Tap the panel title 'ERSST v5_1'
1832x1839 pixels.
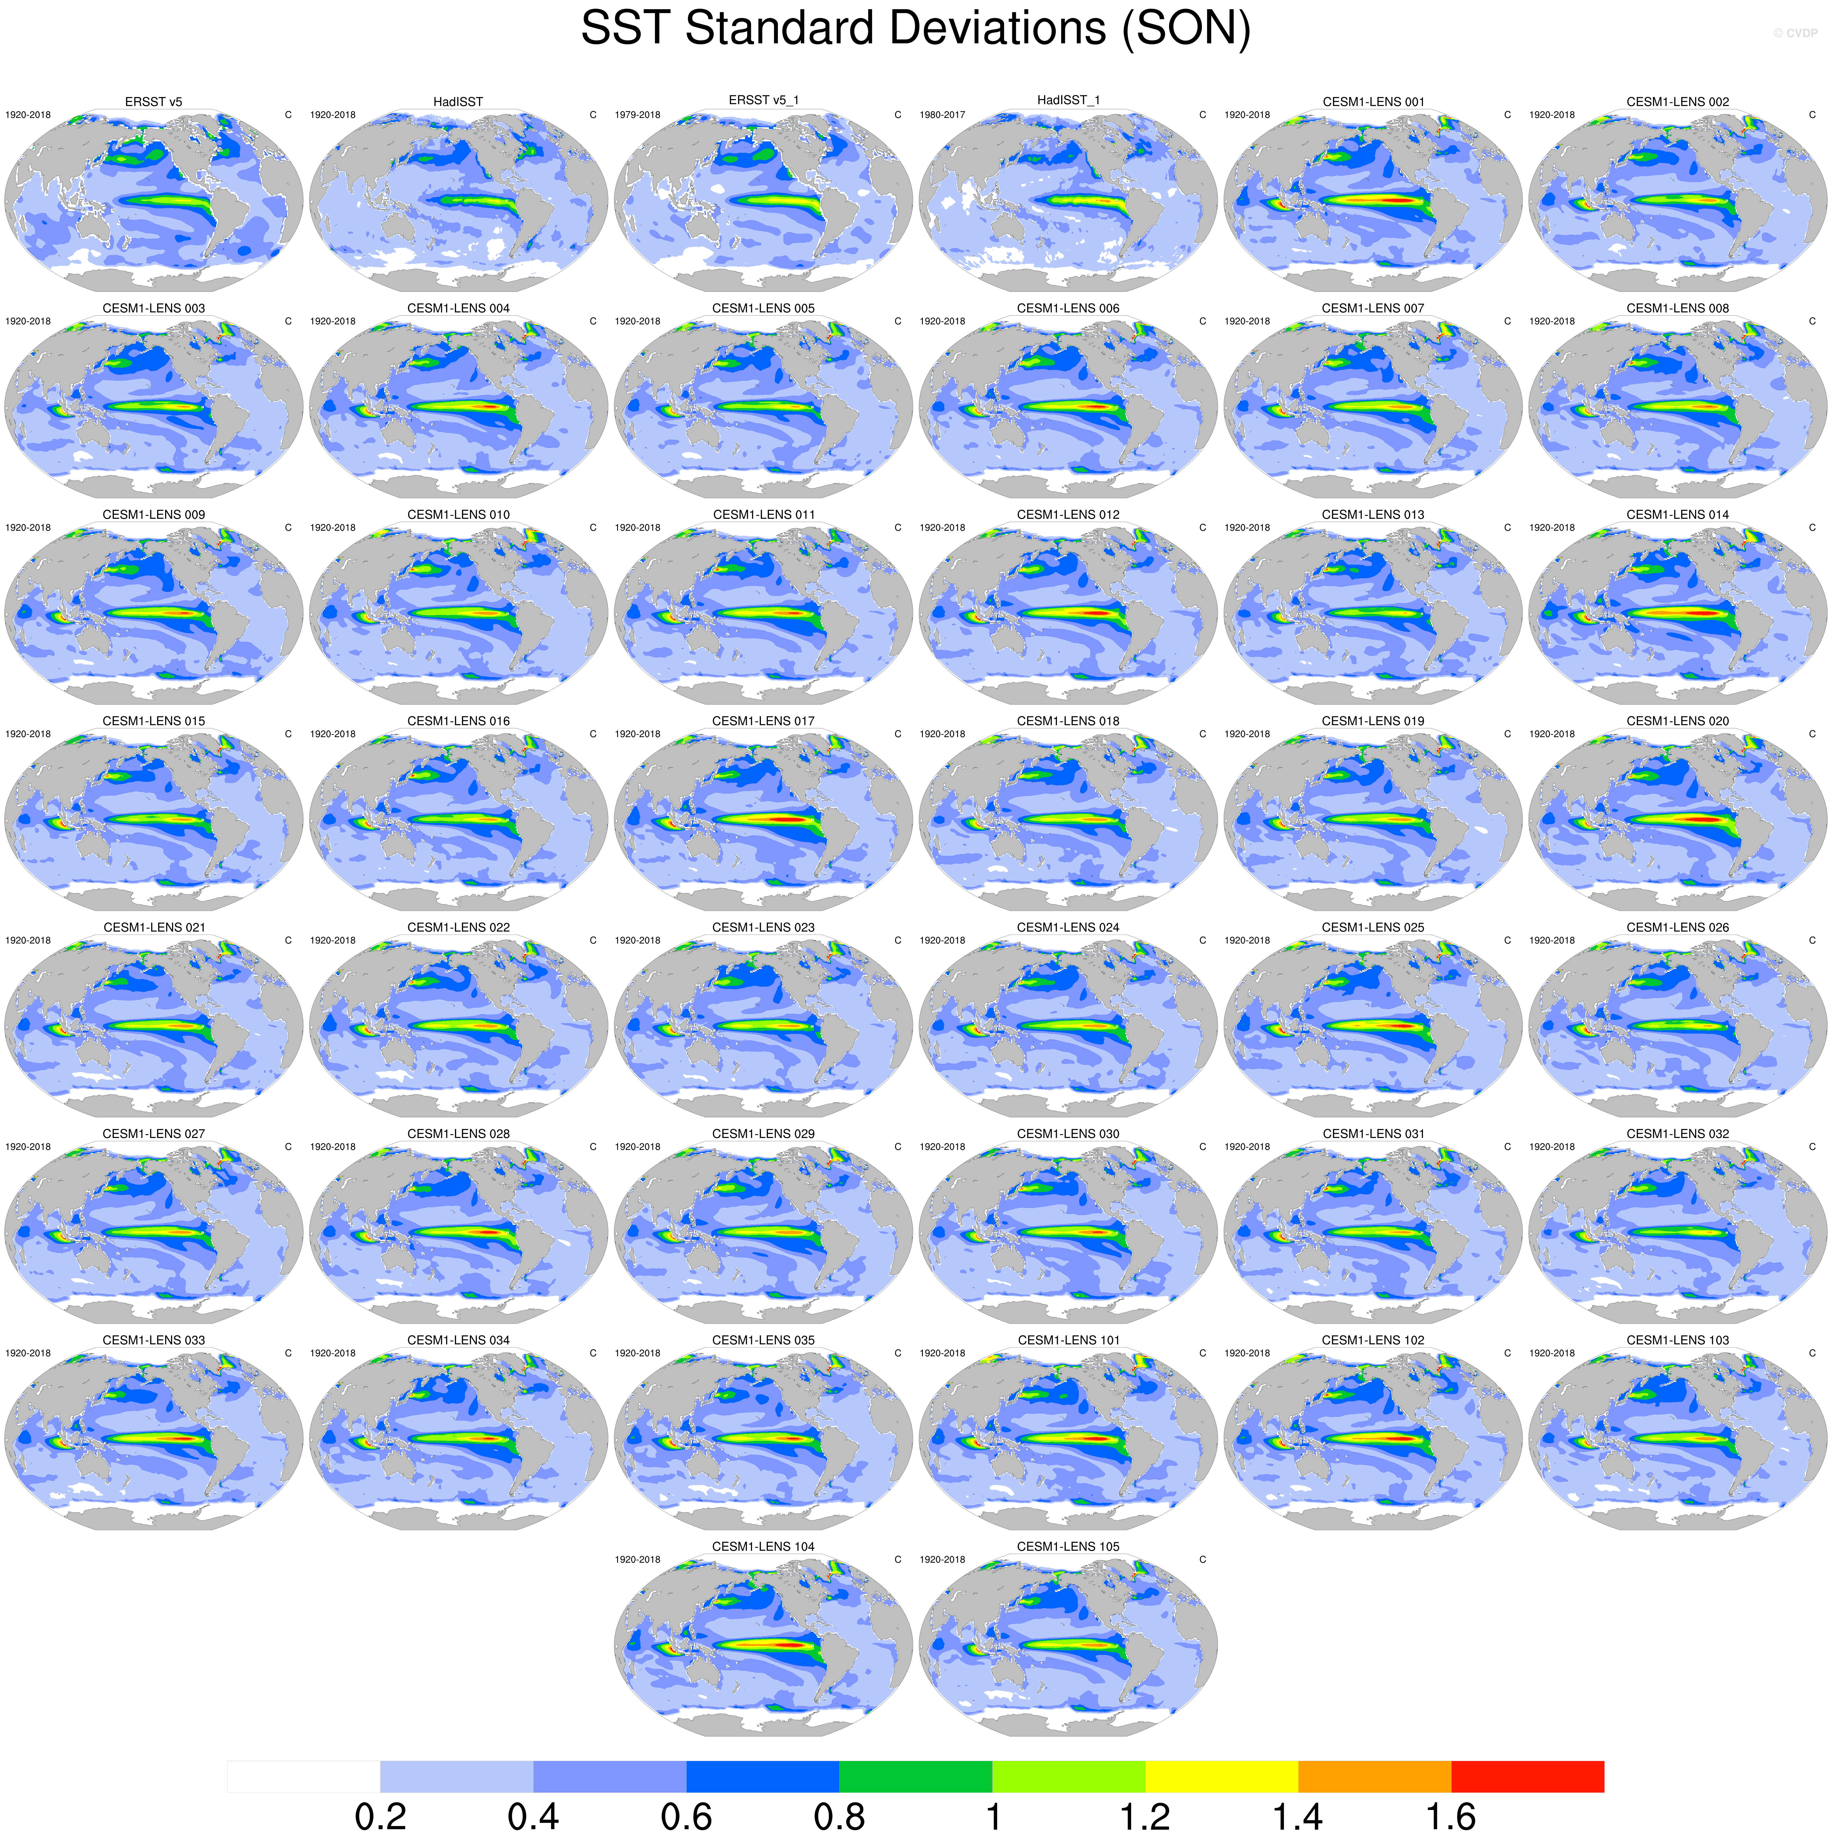click(764, 100)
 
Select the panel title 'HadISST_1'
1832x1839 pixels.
click(1068, 100)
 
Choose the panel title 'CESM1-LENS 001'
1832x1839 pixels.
click(1373, 102)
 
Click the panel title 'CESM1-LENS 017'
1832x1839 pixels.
click(764, 721)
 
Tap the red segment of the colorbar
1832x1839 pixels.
click(1527, 1776)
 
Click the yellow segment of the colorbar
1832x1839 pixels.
click(1222, 1776)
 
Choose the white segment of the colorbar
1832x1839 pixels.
click(304, 1776)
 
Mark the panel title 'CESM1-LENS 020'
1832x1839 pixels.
click(1678, 721)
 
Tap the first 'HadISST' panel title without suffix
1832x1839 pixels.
click(458, 102)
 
